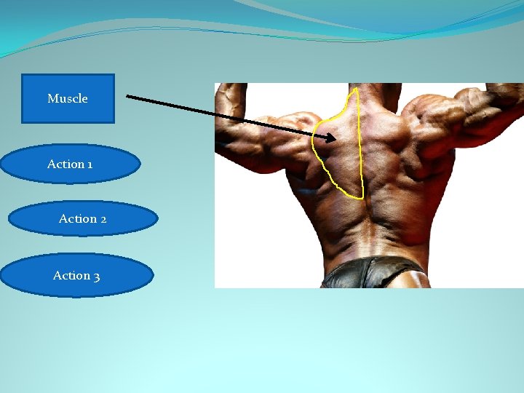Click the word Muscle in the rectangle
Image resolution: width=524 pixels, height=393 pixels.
[x=68, y=98]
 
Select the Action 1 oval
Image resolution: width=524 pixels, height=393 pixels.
[x=70, y=164]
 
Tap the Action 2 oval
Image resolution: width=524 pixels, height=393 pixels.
[x=83, y=219]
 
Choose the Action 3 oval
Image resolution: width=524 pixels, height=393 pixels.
[x=76, y=275]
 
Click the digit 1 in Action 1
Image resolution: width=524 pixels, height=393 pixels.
[x=90, y=164]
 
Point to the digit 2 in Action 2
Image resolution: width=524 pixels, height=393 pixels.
[x=103, y=219]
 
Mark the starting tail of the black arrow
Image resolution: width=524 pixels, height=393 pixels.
[x=127, y=95]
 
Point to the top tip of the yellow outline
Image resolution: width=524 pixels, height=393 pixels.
[x=354, y=90]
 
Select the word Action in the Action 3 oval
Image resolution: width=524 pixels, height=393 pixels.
[x=71, y=275]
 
